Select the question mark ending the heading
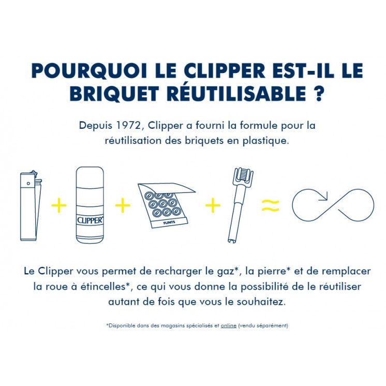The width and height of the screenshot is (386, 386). (x=319, y=94)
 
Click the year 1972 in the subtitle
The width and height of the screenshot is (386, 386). (x=125, y=126)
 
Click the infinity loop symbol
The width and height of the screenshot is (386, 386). (x=333, y=205)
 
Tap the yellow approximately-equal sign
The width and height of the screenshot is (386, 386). (x=270, y=206)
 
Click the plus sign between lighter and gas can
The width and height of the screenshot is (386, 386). (x=59, y=206)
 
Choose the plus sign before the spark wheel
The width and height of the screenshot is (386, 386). (x=213, y=206)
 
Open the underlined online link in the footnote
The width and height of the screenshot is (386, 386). (x=228, y=325)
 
